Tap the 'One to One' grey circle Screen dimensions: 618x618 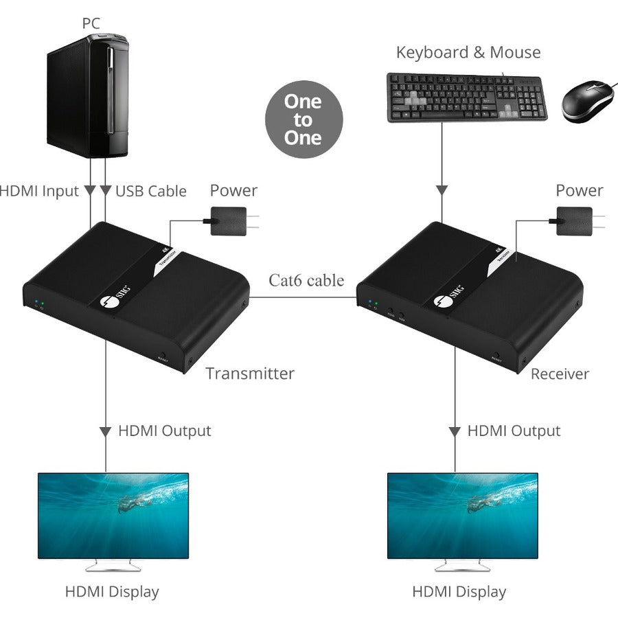point(303,119)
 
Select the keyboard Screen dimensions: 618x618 point(467,97)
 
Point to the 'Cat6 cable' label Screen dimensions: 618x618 point(306,280)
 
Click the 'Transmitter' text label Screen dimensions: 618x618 point(250,374)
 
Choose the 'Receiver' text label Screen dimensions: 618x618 point(560,374)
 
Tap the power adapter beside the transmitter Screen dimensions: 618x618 point(229,221)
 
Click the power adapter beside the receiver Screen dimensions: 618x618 point(574,221)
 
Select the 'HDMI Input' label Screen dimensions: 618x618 point(39,191)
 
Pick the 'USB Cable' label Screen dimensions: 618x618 point(150,191)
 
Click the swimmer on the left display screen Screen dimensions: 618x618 point(133,505)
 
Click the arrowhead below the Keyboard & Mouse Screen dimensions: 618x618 point(442,190)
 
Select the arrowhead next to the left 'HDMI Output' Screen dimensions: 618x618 point(106,432)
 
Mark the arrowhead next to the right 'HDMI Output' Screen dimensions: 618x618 point(455,432)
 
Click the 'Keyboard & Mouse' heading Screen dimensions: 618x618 point(468,53)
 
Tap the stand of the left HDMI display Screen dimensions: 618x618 point(113,565)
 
